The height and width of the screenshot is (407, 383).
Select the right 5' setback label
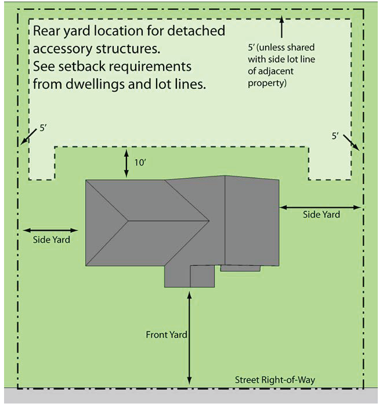tap(335, 136)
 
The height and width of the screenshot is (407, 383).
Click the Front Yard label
tap(166, 335)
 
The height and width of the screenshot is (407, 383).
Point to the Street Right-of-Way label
tap(274, 380)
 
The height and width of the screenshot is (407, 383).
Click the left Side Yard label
tap(50, 239)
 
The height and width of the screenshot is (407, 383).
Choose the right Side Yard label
tap(321, 214)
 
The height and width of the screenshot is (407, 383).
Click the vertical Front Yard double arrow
tap(190, 337)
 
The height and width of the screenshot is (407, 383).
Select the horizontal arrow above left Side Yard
tap(50, 230)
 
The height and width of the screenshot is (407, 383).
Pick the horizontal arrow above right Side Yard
tap(320, 206)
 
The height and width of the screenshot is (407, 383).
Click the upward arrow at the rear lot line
tap(281, 28)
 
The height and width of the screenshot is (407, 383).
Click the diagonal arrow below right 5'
tap(353, 143)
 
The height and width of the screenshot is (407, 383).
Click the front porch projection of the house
tap(190, 276)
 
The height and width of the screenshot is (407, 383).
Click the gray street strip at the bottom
tap(191, 396)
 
